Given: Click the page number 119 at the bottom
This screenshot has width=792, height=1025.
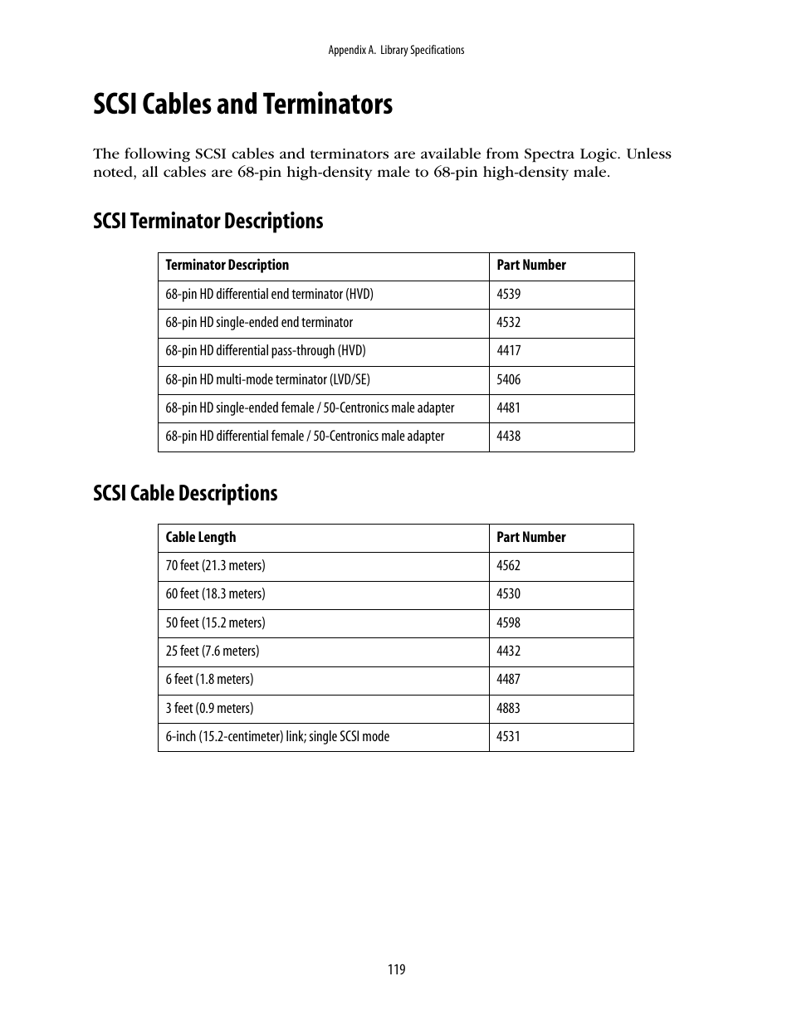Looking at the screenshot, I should coord(396,969).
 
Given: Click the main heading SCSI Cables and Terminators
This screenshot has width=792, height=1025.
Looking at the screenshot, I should coord(242,105).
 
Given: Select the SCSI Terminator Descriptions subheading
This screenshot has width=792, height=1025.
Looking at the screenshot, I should coord(208,221).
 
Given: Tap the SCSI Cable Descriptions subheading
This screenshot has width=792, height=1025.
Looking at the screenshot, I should coord(185,493).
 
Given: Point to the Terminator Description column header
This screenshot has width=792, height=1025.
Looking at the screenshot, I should coord(227,266).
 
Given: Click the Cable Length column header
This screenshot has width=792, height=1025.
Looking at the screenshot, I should coord(200,537).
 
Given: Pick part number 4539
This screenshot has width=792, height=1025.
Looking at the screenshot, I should coord(508,294).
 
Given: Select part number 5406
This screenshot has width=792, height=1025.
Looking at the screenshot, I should coord(508,379).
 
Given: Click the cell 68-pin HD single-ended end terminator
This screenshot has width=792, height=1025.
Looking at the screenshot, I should coord(258,323).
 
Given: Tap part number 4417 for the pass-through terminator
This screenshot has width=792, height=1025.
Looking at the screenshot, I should coord(508,351).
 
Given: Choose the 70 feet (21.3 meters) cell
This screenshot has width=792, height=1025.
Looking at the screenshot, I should coord(215,566).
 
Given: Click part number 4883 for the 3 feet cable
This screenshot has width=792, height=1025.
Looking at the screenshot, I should coord(508,708).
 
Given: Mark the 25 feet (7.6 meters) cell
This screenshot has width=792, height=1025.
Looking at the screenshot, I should coord(212,652).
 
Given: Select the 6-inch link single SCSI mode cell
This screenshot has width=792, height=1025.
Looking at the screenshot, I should coord(276,737).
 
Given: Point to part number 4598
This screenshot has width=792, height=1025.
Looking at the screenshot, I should coord(508,622).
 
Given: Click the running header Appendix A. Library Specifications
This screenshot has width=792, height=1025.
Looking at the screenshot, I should coord(396,51).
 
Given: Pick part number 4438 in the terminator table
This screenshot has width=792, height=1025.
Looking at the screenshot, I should coord(508,437).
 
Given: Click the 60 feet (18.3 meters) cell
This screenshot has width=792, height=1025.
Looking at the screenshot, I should coord(215,594).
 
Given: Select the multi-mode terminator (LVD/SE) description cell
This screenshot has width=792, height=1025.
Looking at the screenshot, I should coord(267,380).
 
